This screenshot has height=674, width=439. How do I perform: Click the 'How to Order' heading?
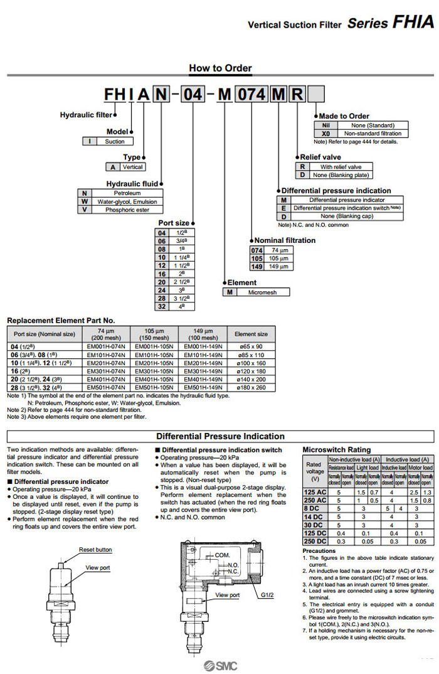point(220,68)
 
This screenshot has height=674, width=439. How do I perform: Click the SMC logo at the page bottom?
point(219,665)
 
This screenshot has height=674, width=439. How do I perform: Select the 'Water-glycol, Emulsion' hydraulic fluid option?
point(127,201)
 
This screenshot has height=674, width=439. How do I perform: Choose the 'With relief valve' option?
point(341,167)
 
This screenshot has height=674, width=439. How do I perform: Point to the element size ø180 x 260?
point(250,387)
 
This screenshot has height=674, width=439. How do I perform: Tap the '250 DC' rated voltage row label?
point(314,540)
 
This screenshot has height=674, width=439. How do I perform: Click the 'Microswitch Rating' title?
point(336,449)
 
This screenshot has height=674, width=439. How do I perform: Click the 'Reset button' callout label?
point(95,549)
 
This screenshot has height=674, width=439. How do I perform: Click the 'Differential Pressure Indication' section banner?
point(220,436)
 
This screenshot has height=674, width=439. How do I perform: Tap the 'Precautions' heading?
point(319,550)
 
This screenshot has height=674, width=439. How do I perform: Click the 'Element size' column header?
point(250,334)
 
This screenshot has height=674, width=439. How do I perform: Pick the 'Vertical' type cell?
point(132,167)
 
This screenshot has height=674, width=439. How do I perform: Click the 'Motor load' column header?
point(420,468)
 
